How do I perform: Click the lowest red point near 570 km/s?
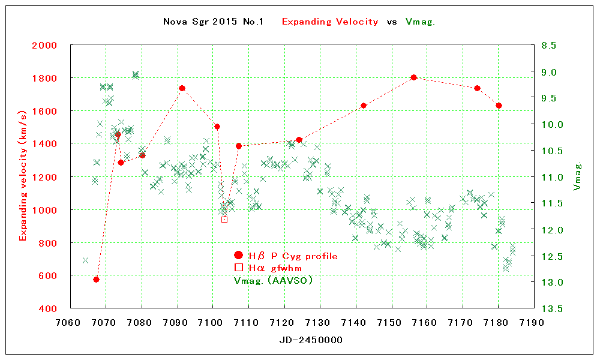pos(96,280)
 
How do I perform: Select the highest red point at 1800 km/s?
pos(413,77)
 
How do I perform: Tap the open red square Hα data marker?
pos(224,220)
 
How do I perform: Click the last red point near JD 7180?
pos(499,106)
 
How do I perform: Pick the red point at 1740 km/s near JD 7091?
pos(182,88)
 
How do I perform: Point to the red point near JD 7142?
pos(364,106)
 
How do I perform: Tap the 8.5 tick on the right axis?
pos(549,46)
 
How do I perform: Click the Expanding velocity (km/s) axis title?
pos(23,176)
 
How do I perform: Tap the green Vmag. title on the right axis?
pos(578,176)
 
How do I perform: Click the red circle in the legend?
pos(238,256)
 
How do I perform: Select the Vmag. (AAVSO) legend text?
pos(274,280)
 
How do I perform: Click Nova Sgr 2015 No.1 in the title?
pos(214,22)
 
